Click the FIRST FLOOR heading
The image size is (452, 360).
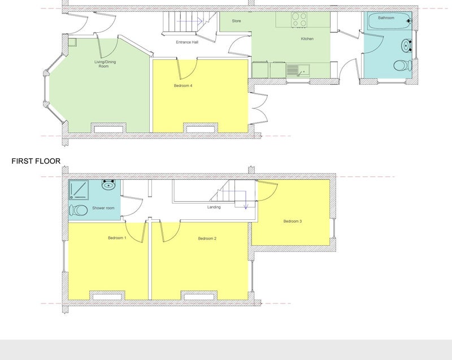coord(36,161)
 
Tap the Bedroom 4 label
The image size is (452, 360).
coord(183,85)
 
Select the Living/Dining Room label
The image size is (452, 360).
coord(105,64)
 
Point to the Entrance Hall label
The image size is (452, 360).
coord(187,42)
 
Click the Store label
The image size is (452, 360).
coord(236,21)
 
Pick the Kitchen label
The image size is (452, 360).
coord(307,38)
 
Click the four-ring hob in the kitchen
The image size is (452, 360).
coord(299,19)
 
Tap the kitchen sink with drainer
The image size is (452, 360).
coord(298,70)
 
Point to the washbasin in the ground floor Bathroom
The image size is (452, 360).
coord(406,46)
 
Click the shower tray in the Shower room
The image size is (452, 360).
coord(79,189)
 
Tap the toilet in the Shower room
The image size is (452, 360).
coord(79,210)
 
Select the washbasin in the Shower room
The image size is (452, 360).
coord(108,184)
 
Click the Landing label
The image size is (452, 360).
coord(214,207)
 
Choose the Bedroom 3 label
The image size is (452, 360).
coord(293,222)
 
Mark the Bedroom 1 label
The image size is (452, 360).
coord(117,238)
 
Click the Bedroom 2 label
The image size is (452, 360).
coord(207,238)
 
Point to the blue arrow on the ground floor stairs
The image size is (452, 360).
coord(189,21)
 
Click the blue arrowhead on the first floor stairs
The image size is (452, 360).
coord(246,207)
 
